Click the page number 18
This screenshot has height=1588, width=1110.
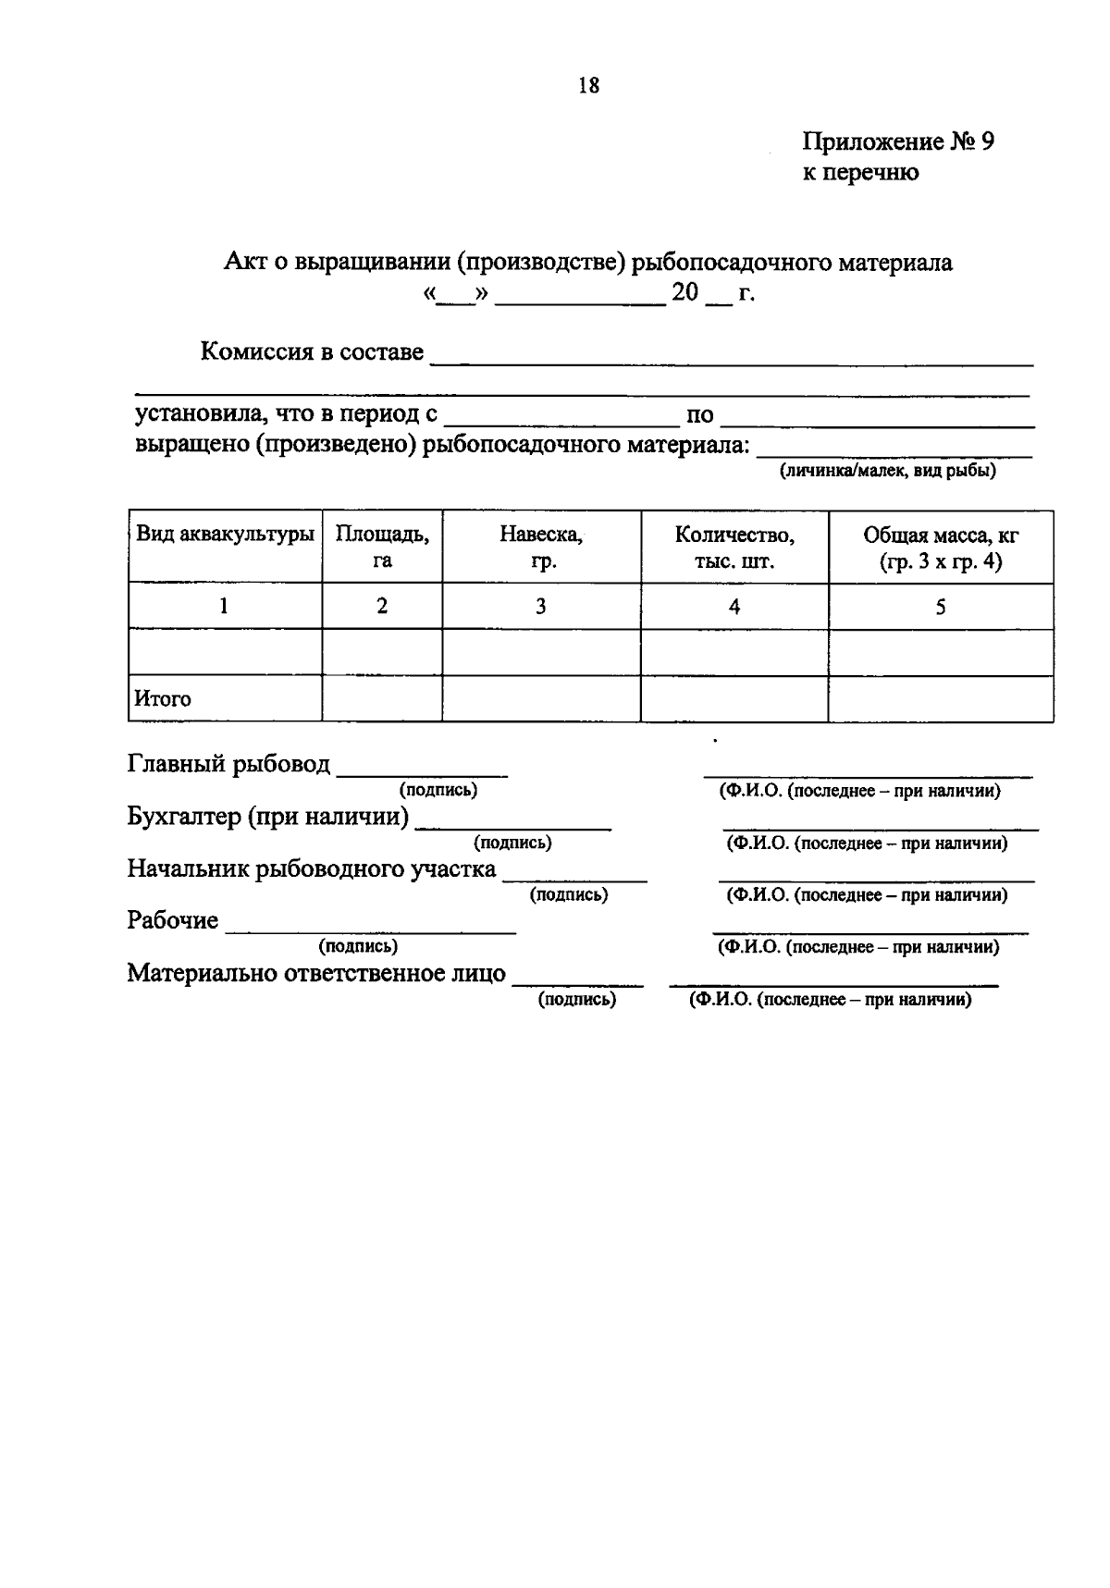tap(588, 86)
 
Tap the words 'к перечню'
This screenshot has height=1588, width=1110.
tap(860, 172)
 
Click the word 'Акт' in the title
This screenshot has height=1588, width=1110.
tap(244, 263)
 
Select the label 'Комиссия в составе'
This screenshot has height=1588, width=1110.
tap(312, 352)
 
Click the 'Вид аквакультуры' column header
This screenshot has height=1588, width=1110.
tap(225, 534)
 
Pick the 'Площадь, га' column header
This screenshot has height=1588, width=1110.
tap(382, 547)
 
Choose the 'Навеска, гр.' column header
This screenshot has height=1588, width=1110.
tap(541, 547)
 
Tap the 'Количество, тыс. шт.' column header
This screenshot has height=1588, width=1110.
tap(734, 547)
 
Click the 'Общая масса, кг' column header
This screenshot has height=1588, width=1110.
tap(941, 547)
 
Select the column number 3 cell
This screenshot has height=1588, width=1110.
tap(541, 607)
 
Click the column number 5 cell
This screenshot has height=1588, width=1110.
tap(941, 607)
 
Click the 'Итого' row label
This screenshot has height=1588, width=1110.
tap(163, 699)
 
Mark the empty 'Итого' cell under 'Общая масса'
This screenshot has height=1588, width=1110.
tap(941, 699)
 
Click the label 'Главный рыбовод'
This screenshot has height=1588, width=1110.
tap(228, 764)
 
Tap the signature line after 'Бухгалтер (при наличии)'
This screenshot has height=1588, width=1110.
tap(513, 826)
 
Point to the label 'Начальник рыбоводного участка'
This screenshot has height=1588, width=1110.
tap(312, 869)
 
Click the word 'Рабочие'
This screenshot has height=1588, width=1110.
tap(173, 921)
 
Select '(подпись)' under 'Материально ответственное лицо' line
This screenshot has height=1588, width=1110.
tap(577, 999)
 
